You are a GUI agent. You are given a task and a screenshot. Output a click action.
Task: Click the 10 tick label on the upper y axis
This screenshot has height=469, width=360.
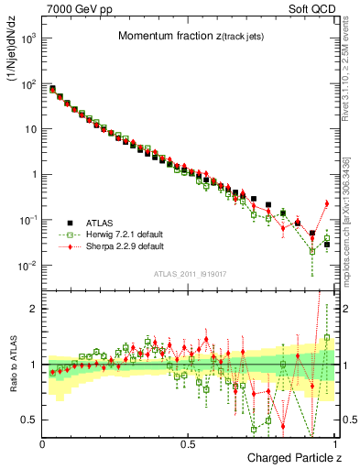30,129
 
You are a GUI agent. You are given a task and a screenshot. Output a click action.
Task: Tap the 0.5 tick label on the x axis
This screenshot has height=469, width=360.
189,444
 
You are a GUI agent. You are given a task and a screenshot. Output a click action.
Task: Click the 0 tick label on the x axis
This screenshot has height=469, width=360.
43,444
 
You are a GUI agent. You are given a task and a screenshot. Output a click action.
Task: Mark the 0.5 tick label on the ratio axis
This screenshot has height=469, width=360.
30,420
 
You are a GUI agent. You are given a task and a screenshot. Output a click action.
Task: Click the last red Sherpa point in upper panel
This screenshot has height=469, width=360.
326,203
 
